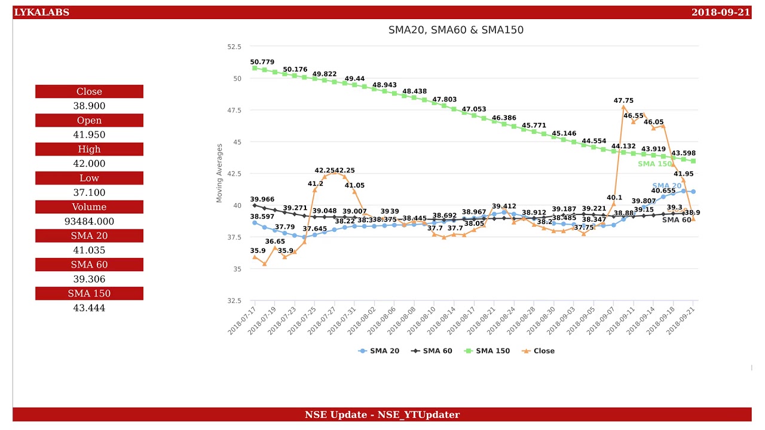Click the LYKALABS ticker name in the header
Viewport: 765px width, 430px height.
coord(42,13)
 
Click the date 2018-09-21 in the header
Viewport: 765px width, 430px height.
coord(720,13)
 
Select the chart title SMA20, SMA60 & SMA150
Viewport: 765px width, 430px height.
coord(455,30)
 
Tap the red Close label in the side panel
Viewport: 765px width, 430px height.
coord(89,91)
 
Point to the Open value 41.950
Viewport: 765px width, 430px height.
coord(89,135)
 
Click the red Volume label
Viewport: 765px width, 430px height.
coord(89,207)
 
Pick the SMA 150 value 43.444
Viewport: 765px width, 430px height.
coord(89,308)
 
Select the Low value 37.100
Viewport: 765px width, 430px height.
coord(89,192)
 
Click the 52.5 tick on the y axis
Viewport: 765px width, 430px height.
coord(234,47)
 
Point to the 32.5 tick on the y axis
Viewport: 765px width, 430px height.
coord(234,300)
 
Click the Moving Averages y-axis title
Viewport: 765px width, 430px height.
coord(219,173)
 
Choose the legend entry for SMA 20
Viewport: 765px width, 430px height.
coord(379,351)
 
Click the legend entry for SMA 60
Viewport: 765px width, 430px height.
coord(432,351)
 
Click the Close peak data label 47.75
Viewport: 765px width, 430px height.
coord(623,101)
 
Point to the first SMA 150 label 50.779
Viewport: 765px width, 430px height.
coord(262,62)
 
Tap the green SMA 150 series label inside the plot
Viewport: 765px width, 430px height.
coord(654,164)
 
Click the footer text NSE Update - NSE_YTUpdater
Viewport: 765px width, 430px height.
coord(382,414)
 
